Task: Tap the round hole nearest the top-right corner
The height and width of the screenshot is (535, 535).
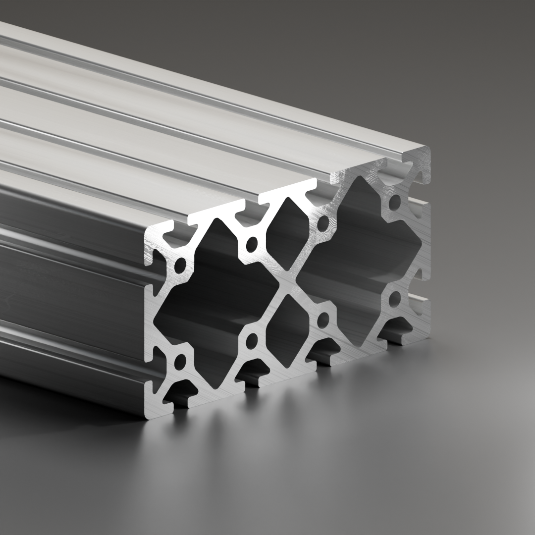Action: pos(395,202)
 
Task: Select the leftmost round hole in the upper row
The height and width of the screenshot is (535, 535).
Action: pos(181,265)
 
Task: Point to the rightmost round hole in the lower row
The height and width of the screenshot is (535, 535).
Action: pos(395,299)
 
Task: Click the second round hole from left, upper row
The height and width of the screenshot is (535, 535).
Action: pos(252,244)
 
